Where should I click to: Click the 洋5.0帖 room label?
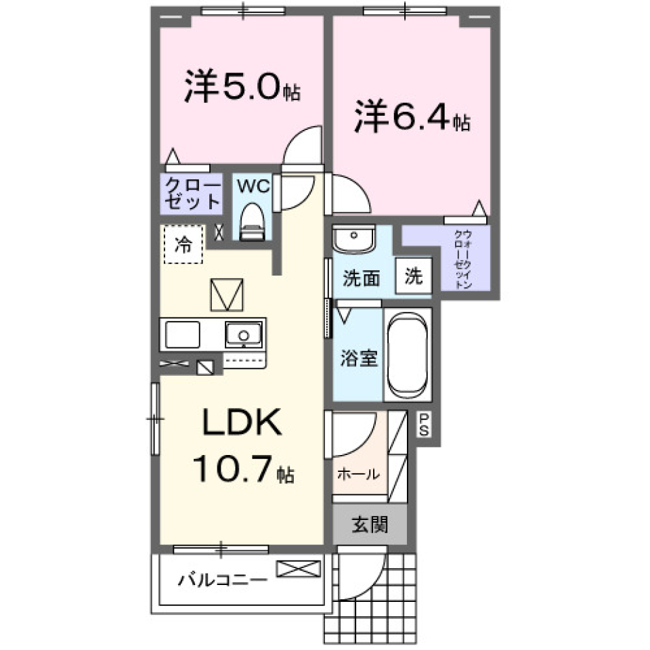pos(241,89)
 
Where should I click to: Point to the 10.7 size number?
pos(233,469)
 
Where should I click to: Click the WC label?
pos(253,185)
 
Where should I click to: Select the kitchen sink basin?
pos(244,334)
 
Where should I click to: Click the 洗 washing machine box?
pos(414,276)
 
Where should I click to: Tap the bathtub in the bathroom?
pos(408,355)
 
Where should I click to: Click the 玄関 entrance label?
pos(369,525)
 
